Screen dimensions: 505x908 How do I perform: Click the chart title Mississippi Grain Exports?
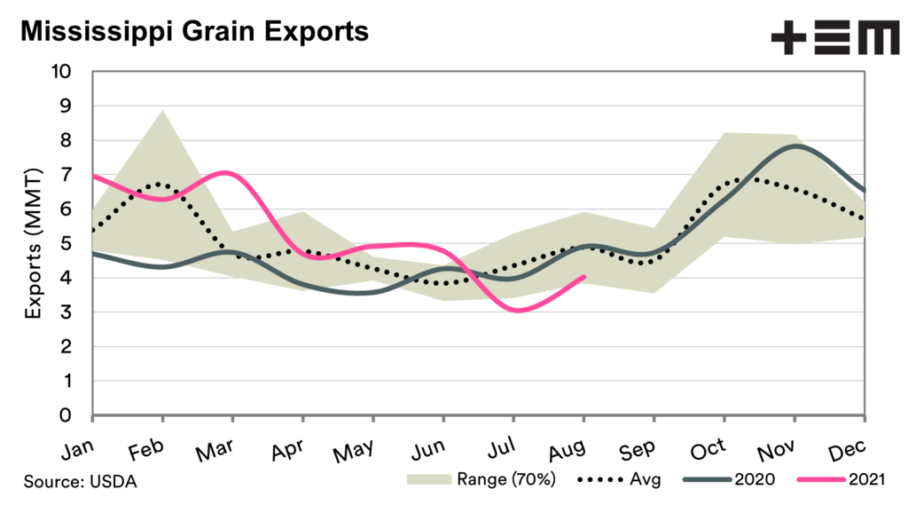coord(193,33)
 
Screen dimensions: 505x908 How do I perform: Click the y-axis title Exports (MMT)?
coord(33,243)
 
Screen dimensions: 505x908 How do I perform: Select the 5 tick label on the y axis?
coord(76,244)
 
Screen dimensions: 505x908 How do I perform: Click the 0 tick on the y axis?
coord(76,415)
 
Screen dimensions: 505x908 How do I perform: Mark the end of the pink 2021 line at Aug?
coord(583,277)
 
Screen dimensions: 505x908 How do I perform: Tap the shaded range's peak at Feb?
coord(162,111)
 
